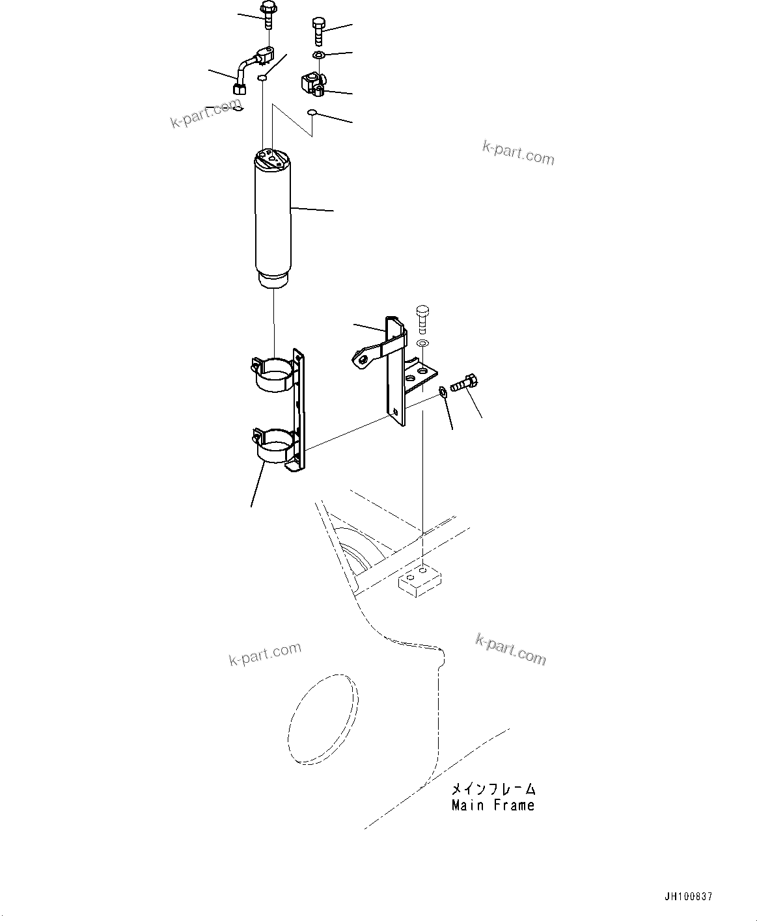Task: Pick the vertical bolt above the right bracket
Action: pyautogui.click(x=422, y=317)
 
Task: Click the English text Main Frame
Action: pyautogui.click(x=493, y=805)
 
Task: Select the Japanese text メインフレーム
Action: pyautogui.click(x=493, y=789)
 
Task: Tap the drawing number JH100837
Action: pyautogui.click(x=688, y=896)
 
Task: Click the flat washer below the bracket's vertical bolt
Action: pyautogui.click(x=422, y=342)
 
